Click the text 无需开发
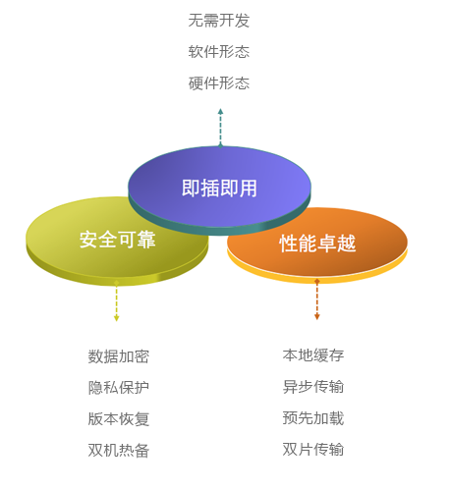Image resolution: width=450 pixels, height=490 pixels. click(219, 21)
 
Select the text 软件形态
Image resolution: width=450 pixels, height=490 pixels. click(219, 52)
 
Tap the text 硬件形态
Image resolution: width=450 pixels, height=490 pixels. click(219, 83)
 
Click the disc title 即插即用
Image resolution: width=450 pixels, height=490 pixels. click(219, 189)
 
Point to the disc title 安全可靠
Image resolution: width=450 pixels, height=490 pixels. click(117, 240)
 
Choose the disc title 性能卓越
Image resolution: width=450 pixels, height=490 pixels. click(317, 244)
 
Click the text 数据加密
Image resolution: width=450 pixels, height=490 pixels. click(119, 356)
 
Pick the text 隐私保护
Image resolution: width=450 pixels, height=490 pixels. click(119, 388)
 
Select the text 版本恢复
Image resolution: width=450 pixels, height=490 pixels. click(119, 419)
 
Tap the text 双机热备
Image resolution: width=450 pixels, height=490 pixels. click(119, 451)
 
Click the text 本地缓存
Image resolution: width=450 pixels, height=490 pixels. click(313, 355)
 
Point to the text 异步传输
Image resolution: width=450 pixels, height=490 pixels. click(313, 387)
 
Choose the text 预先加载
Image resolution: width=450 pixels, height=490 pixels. click(313, 418)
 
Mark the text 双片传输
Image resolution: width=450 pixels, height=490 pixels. click(313, 450)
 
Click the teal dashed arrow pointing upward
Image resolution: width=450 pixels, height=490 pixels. click(220, 128)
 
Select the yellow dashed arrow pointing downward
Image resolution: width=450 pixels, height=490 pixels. click(116, 300)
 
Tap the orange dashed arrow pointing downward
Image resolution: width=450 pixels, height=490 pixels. click(316, 299)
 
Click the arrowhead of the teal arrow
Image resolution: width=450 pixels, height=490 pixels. click(220, 111)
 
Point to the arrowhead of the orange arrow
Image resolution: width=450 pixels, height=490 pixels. click(316, 317)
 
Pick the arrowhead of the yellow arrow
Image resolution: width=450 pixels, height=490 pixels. click(116, 318)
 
